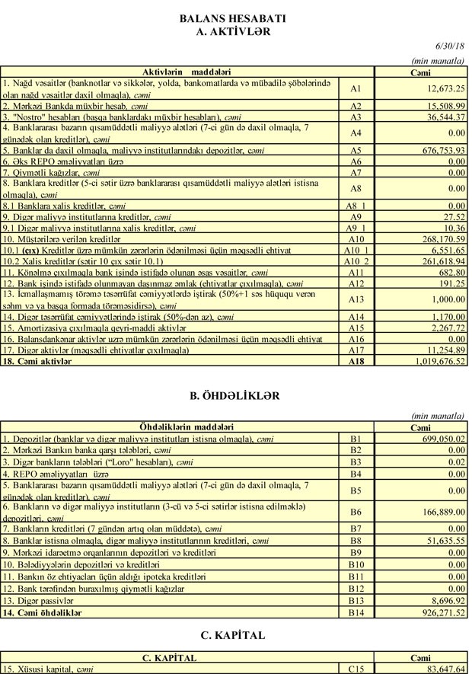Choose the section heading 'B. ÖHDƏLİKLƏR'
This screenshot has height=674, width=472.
234,396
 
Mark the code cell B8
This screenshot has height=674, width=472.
356,540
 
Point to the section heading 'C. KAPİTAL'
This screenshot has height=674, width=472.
234,634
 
